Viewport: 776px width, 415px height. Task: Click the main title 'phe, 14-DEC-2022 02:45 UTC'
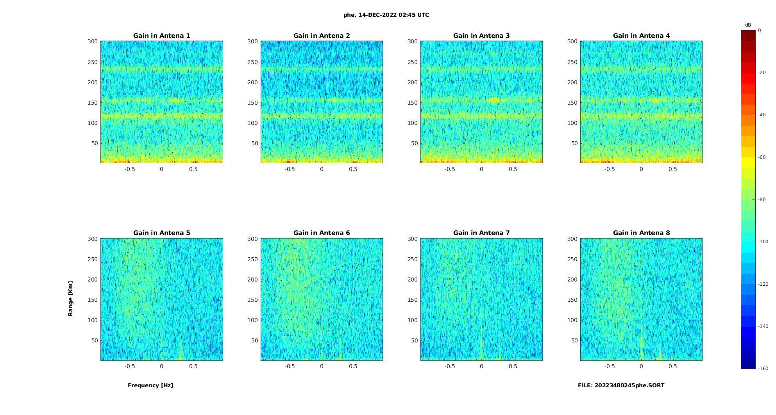(386, 15)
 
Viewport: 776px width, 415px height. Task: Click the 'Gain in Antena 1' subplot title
(162, 36)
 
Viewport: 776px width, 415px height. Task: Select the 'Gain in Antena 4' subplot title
(641, 36)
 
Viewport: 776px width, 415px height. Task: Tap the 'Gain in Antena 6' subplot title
(322, 233)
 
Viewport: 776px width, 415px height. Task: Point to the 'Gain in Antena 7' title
(481, 233)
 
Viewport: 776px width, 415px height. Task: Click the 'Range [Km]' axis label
(71, 299)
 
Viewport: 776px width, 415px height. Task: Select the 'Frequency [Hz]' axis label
(150, 385)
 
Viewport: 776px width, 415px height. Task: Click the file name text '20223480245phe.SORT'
(629, 385)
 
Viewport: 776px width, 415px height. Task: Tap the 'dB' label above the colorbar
(748, 25)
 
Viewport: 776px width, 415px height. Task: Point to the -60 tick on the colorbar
(762, 157)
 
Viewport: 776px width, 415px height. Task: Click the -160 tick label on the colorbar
(763, 369)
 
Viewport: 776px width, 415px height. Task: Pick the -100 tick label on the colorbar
(763, 242)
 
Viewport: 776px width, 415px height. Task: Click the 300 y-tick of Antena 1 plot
(93, 41)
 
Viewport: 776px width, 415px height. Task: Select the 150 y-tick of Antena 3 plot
(413, 103)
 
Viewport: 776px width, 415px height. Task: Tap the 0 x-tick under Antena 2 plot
(322, 169)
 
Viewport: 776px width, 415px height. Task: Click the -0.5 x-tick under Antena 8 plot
(610, 366)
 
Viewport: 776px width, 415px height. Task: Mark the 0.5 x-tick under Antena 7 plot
(513, 366)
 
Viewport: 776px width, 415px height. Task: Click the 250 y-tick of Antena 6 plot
(252, 259)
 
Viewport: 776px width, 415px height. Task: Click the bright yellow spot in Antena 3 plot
(494, 100)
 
